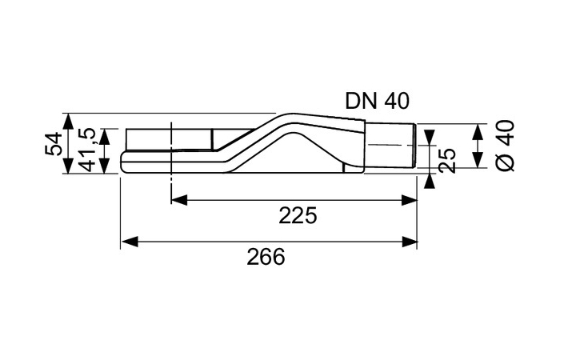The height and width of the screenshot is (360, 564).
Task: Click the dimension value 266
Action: click(266, 258)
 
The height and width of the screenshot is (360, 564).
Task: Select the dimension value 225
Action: click(298, 215)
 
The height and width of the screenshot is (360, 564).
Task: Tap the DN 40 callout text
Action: click(378, 100)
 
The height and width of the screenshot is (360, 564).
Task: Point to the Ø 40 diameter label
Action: click(506, 145)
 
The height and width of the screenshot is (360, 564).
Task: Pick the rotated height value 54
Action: click(53, 144)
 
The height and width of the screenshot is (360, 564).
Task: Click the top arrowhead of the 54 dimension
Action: click(69, 119)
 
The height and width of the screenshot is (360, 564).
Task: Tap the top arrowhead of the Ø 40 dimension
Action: click(478, 130)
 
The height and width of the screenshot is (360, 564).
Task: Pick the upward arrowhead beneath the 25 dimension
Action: click(430, 181)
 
